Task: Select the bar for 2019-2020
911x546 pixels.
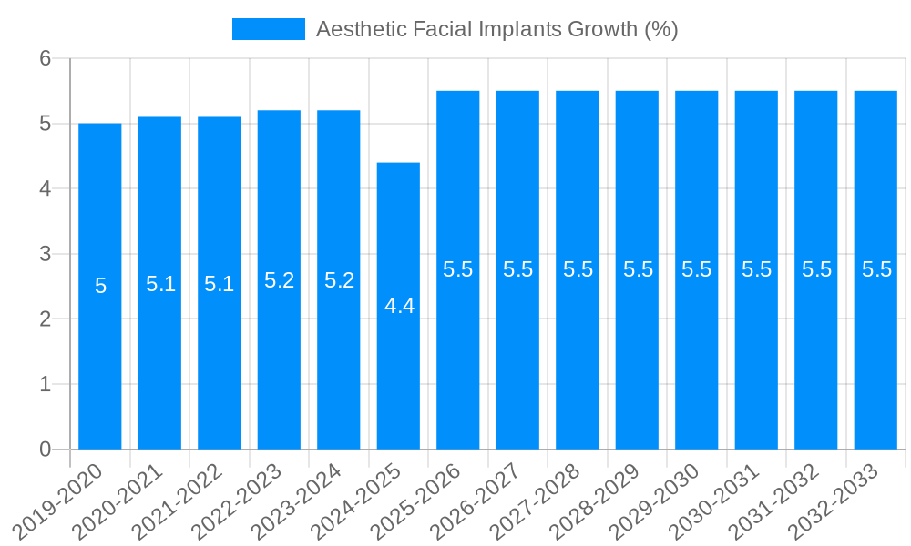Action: point(100,364)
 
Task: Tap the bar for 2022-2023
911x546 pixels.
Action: point(279,364)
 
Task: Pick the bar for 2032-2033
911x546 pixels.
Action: point(875,364)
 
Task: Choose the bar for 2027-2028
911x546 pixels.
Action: point(578,364)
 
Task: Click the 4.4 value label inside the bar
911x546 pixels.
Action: point(399,307)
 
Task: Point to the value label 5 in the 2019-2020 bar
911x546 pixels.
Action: point(100,286)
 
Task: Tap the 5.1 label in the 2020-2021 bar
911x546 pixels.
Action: point(160,284)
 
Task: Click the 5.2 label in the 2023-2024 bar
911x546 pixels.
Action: point(339,280)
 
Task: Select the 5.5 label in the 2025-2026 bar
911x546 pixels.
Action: point(458,269)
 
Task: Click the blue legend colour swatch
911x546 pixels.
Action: point(269,29)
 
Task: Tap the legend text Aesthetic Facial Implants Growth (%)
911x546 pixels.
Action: point(496,29)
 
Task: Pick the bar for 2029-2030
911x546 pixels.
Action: point(697,364)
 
